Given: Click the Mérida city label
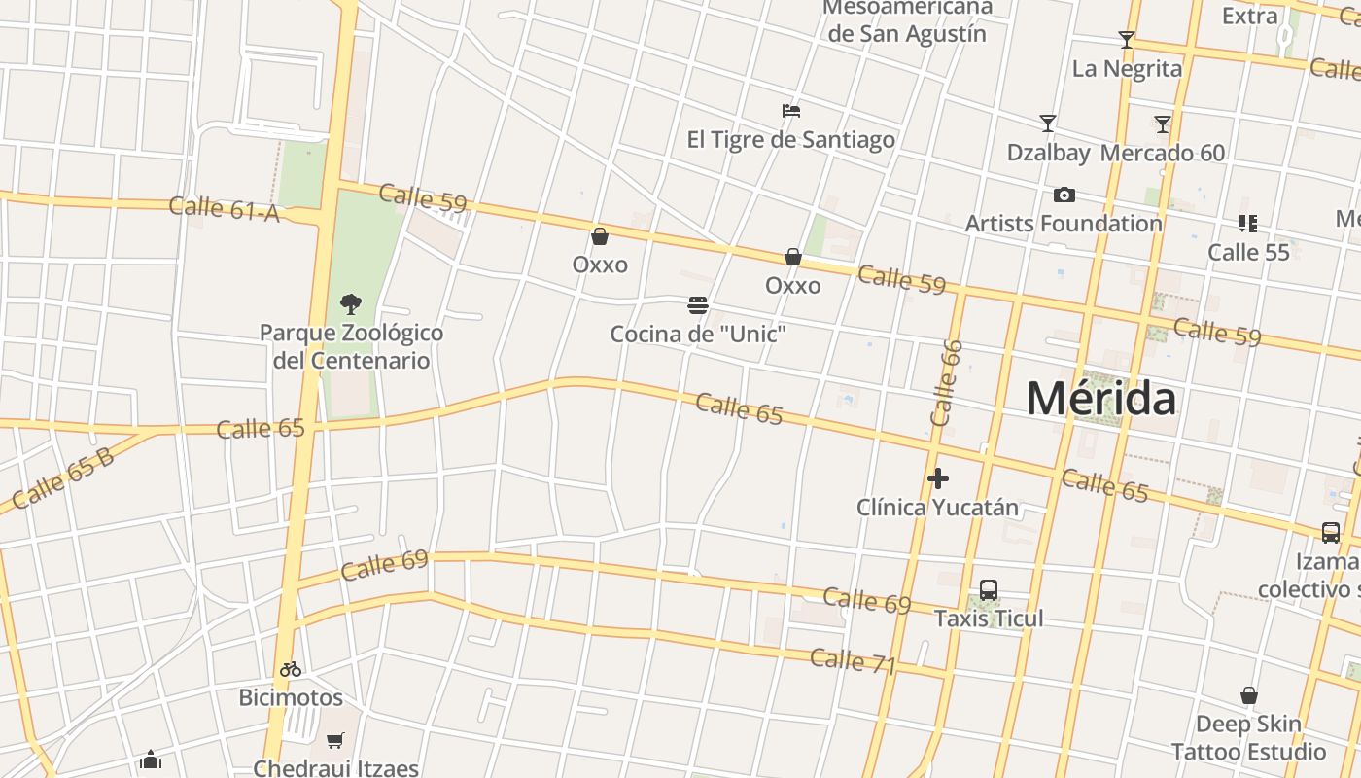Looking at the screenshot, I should pyautogui.click(x=1101, y=399).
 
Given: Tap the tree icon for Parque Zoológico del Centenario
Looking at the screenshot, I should pyautogui.click(x=351, y=304).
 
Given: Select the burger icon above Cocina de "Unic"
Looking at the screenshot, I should pyautogui.click(x=697, y=305).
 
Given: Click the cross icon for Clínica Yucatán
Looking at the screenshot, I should pyautogui.click(x=938, y=477).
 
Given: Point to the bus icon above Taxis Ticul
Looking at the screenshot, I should pyautogui.click(x=989, y=589).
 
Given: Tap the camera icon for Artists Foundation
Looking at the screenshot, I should pyautogui.click(x=1064, y=194).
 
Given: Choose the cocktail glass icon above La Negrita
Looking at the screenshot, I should pyautogui.click(x=1127, y=40).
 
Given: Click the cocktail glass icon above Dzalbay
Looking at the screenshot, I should pyautogui.click(x=1048, y=124).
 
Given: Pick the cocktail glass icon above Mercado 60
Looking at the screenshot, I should pyautogui.click(x=1163, y=124).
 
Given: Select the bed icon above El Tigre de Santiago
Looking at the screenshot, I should pyautogui.click(x=791, y=111).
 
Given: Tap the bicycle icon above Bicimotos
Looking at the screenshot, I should pyautogui.click(x=291, y=669).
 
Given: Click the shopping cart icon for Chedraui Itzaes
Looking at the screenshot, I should pyautogui.click(x=335, y=740).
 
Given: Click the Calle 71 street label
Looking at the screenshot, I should pyautogui.click(x=853, y=660).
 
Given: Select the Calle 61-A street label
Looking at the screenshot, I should pyautogui.click(x=225, y=208).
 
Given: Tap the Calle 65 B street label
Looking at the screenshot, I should pyautogui.click(x=63, y=478).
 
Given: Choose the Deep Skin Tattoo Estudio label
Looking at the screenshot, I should pyautogui.click(x=1248, y=738).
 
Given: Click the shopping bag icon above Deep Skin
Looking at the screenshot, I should pyautogui.click(x=1249, y=695).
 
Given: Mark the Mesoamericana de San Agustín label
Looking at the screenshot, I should pyautogui.click(x=907, y=21).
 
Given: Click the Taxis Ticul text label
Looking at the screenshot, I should pyautogui.click(x=989, y=619).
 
